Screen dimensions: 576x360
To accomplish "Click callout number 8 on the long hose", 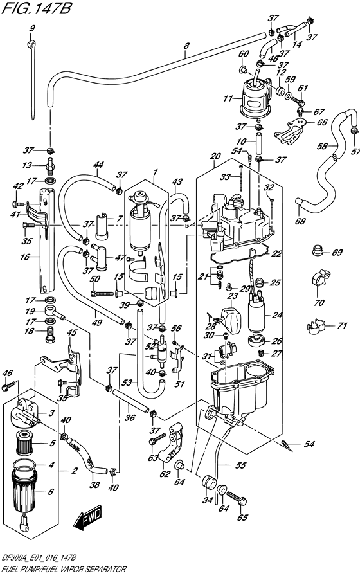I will (x=186, y=46).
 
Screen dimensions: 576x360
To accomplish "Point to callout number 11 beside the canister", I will (x=226, y=99).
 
